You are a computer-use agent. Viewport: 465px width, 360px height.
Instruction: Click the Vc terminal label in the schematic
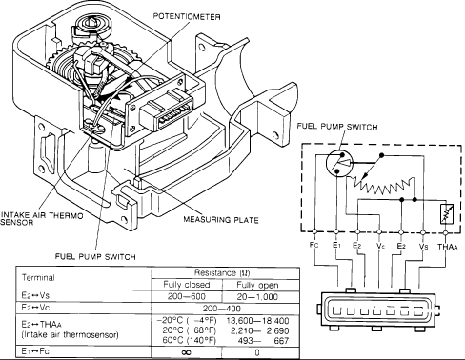(378, 245)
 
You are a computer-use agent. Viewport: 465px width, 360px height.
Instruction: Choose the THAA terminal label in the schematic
(447, 245)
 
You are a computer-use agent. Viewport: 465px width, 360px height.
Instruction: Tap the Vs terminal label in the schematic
(423, 245)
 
